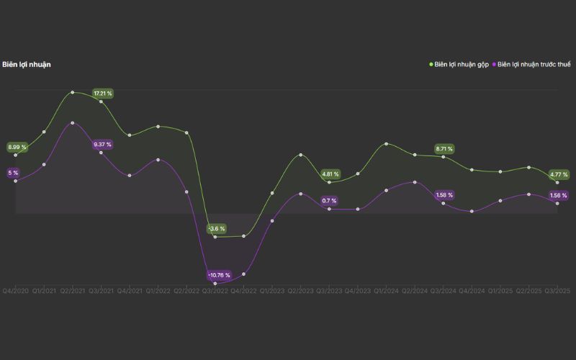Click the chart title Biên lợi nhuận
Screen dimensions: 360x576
pos(27,64)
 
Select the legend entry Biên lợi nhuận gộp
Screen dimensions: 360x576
pos(462,64)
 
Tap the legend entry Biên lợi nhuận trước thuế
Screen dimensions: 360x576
pos(534,64)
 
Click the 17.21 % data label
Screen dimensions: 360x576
pos(103,94)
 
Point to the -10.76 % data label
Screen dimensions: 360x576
pos(219,275)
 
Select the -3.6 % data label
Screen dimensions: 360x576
pos(217,229)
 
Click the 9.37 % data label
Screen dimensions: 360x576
pos(103,145)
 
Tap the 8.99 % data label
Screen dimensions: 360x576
pos(17,148)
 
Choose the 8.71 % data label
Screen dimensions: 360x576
pos(444,149)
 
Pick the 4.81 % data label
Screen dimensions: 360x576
pos(330,174)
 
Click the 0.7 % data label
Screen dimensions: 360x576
pos(330,201)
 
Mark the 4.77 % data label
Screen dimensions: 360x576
pos(558,174)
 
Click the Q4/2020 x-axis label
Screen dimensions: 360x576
pos(16,290)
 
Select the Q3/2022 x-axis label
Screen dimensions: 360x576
pos(215,290)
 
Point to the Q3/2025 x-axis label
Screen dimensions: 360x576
pos(557,290)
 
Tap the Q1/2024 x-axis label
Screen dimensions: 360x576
pos(386,290)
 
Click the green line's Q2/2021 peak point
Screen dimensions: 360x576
pos(73,92)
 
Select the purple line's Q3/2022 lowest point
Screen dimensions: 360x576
pos(215,284)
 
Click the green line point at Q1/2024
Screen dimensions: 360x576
pos(387,143)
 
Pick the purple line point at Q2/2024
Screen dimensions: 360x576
pos(415,182)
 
